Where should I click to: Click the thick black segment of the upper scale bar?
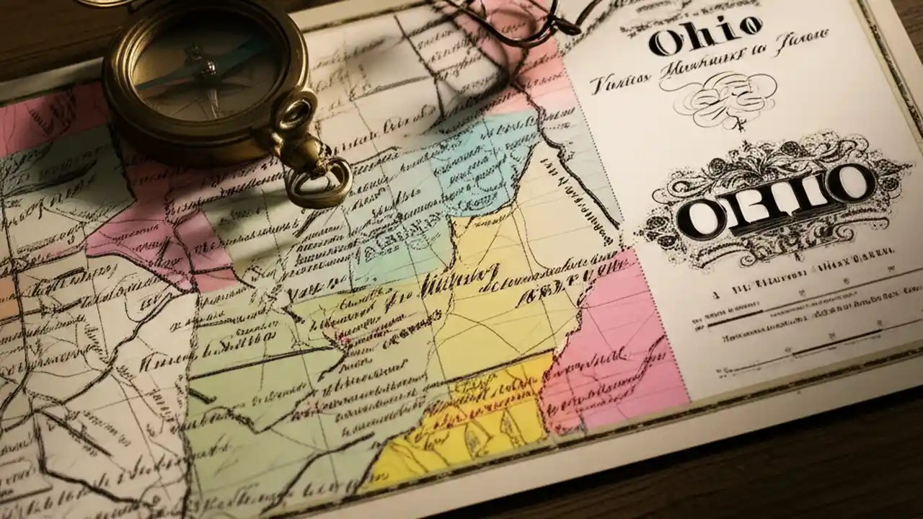coord(736,317)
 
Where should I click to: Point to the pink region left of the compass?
coord(43,115)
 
